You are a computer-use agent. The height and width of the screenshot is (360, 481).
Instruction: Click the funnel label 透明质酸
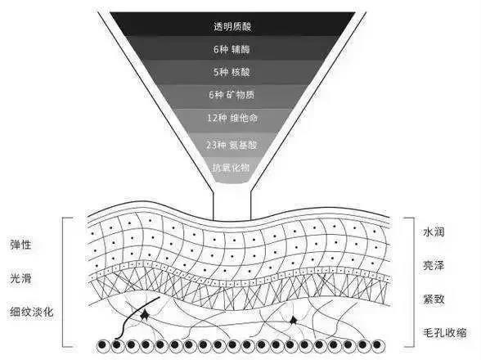point(232,27)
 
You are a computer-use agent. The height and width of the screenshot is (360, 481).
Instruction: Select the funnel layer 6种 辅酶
point(232,49)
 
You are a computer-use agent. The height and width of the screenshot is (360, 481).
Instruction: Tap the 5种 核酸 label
point(232,72)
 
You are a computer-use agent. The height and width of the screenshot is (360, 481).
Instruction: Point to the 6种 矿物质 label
point(232,95)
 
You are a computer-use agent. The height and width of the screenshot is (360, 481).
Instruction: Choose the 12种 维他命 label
point(232,118)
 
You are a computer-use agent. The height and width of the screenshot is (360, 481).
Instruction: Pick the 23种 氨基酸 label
point(232,145)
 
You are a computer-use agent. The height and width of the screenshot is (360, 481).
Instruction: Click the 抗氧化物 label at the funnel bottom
point(231,168)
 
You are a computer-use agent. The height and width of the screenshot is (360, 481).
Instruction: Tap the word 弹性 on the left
point(20,245)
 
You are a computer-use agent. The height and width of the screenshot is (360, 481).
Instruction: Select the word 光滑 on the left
point(20,278)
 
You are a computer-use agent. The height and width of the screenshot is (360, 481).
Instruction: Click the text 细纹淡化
point(32,312)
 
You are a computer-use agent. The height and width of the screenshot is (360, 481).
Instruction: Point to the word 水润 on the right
point(434,232)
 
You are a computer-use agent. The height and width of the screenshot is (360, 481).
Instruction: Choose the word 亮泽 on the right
point(434,265)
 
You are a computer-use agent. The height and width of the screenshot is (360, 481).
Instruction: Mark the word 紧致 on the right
point(434,299)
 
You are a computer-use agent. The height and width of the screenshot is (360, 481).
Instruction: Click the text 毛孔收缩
point(445,332)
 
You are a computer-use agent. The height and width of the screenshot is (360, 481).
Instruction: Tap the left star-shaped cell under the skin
point(144,316)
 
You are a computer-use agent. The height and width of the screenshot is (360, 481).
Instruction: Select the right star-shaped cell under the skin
point(293,321)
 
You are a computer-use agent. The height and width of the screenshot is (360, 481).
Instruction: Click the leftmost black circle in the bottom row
point(103,345)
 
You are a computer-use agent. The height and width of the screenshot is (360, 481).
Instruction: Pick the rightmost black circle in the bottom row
point(378,345)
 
